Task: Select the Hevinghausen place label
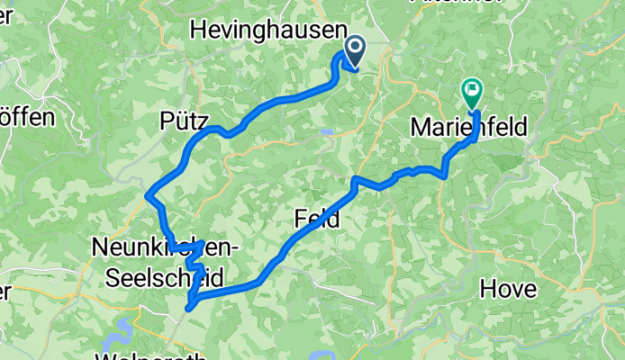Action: (x=269, y=31)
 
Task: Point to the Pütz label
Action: (x=184, y=120)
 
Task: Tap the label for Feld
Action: (x=317, y=218)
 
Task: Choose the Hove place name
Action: (x=509, y=290)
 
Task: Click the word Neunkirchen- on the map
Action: (x=164, y=246)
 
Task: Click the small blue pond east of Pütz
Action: (x=325, y=132)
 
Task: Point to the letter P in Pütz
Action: (x=165, y=120)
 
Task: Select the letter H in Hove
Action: (x=488, y=290)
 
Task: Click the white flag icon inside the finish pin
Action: (x=472, y=88)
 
